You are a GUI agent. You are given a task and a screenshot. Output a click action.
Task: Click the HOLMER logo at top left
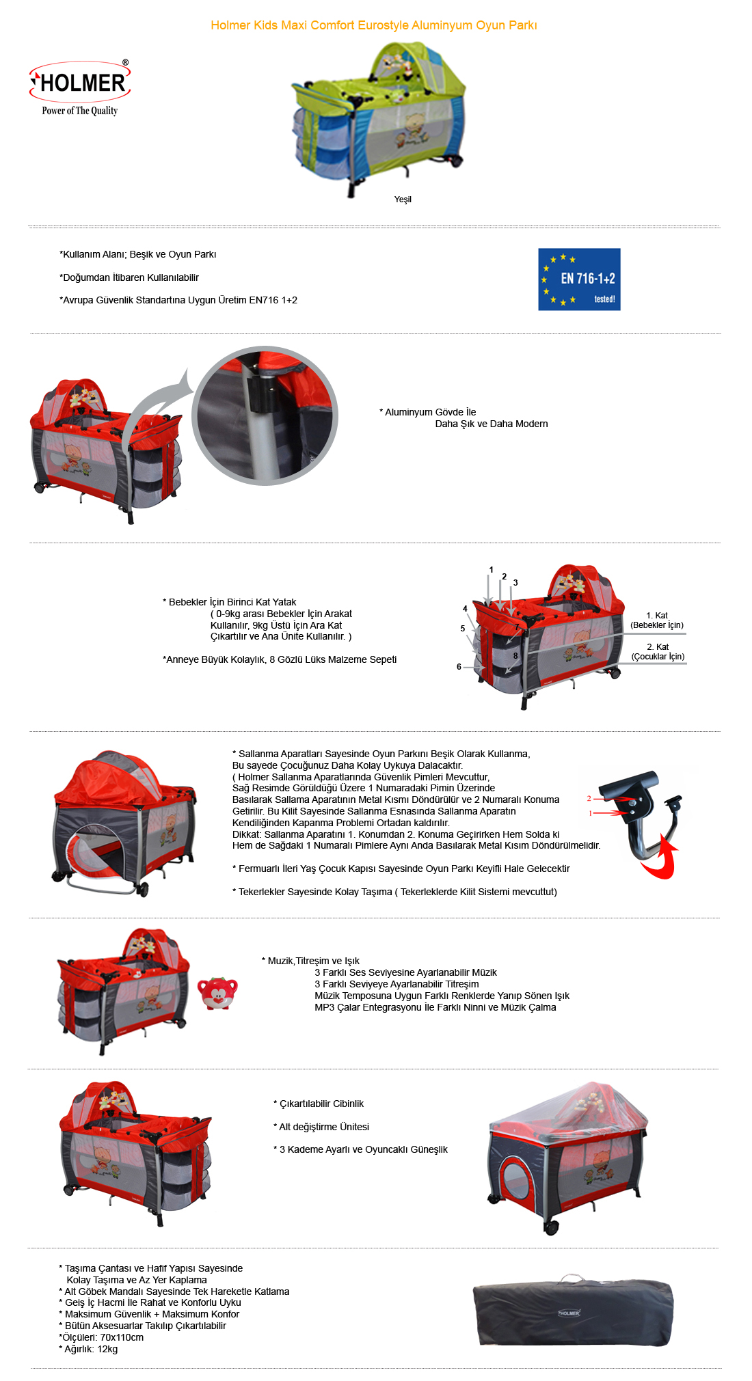(x=80, y=83)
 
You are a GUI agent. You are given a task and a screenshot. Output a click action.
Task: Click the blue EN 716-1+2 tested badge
(x=579, y=279)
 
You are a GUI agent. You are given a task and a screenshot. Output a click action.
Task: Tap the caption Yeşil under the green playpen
(x=403, y=200)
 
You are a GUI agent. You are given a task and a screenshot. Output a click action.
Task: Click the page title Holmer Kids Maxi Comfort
(x=373, y=25)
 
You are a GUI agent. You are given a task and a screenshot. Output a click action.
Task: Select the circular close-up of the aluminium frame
(x=265, y=415)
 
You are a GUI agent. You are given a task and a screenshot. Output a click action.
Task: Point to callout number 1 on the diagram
(x=491, y=570)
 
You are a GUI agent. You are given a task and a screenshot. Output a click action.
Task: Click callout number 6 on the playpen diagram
(x=459, y=667)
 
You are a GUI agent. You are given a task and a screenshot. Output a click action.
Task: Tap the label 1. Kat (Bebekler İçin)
(x=657, y=620)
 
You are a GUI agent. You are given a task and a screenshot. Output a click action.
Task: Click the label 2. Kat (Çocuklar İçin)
(x=658, y=652)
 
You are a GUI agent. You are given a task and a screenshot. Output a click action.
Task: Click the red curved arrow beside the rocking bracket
(x=661, y=859)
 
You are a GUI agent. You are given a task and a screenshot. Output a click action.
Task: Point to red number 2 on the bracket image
(x=589, y=798)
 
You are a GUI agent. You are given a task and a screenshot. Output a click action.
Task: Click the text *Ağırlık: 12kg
(x=89, y=1349)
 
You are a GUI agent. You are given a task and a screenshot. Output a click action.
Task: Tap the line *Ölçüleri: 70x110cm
(x=101, y=1337)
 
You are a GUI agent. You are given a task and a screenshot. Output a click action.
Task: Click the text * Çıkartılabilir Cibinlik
(x=319, y=1104)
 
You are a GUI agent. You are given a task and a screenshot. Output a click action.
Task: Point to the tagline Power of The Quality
(x=79, y=111)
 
